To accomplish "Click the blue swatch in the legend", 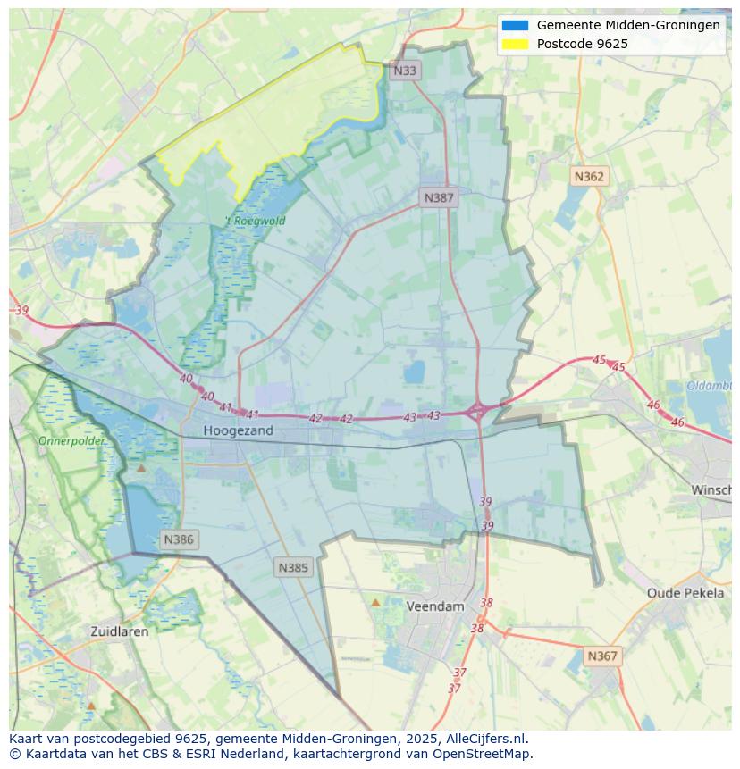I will pyautogui.click(x=515, y=26).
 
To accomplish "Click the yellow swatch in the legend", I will pyautogui.click(x=515, y=44).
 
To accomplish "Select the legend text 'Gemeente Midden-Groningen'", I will pyautogui.click(x=628, y=26).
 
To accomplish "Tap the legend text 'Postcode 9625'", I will pyautogui.click(x=582, y=44).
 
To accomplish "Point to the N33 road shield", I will pyautogui.click(x=405, y=71).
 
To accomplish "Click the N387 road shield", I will pyautogui.click(x=439, y=198).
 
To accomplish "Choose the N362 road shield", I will pyautogui.click(x=589, y=177).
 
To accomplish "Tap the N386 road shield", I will pyautogui.click(x=179, y=539).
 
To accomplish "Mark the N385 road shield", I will pyautogui.click(x=293, y=567).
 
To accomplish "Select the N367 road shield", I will pyautogui.click(x=602, y=656).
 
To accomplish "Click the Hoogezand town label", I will pyautogui.click(x=238, y=430).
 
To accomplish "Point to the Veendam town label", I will pyautogui.click(x=435, y=606).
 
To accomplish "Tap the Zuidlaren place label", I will pyautogui.click(x=120, y=631).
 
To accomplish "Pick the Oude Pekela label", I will pyautogui.click(x=685, y=593).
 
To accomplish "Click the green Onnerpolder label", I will pyautogui.click(x=71, y=441).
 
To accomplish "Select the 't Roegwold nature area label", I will pyautogui.click(x=255, y=222).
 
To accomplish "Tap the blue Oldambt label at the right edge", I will pyautogui.click(x=711, y=386).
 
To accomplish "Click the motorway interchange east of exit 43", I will pyautogui.click(x=477, y=412).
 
